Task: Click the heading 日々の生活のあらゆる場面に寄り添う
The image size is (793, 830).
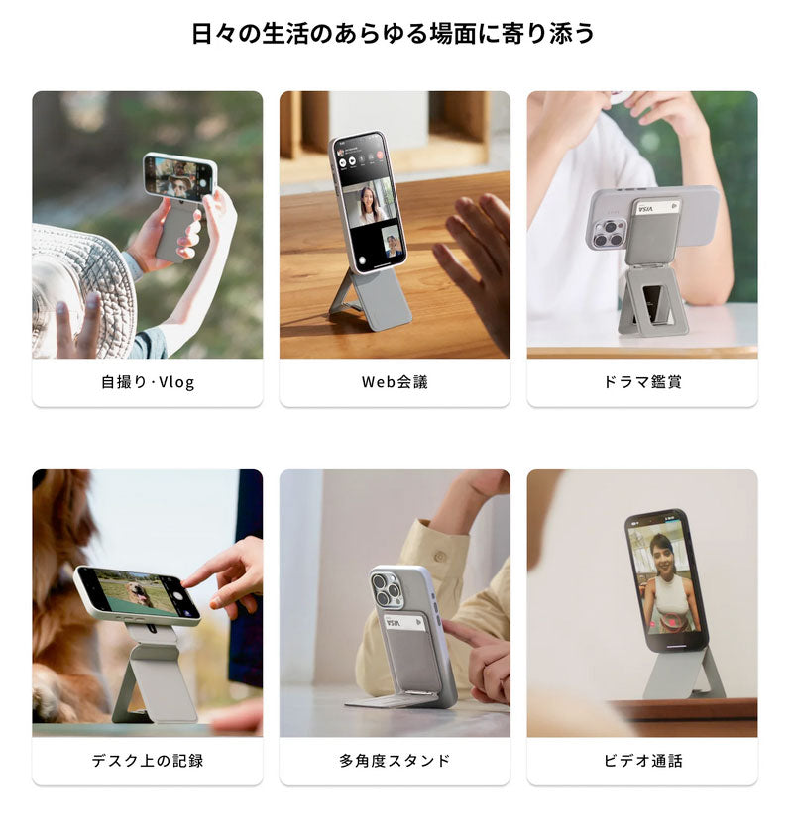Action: coord(394,34)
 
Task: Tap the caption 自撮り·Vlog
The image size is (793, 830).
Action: coord(148,382)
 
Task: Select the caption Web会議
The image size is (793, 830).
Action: coord(395,382)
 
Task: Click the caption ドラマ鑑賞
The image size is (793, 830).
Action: coord(642,382)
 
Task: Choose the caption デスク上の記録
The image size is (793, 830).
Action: coord(148,761)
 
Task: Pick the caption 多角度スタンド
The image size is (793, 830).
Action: coord(395,761)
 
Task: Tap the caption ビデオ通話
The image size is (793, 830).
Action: coord(642,761)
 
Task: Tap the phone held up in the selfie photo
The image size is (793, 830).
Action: coord(179,177)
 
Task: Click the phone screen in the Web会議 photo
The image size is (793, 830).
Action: coord(369,203)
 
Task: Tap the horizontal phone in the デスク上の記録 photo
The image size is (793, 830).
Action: coord(137,595)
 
